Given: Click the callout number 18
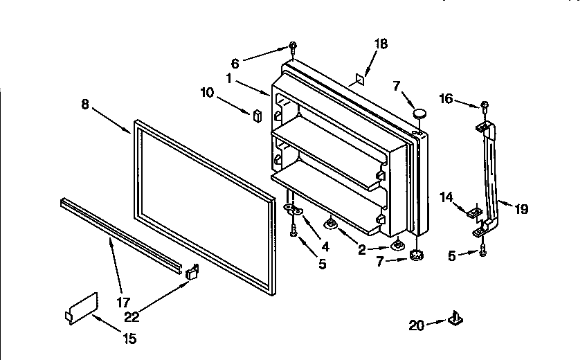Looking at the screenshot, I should [381, 44].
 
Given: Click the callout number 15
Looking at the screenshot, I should [129, 339].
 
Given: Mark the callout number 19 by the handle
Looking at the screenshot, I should [521, 208].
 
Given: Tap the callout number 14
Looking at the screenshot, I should [446, 197].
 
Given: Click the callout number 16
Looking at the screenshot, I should [446, 99].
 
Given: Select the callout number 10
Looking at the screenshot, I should [208, 91].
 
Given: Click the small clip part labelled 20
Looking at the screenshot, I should [455, 318].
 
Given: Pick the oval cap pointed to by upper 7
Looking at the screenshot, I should [419, 112].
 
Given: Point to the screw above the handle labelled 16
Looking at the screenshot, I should [485, 106].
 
